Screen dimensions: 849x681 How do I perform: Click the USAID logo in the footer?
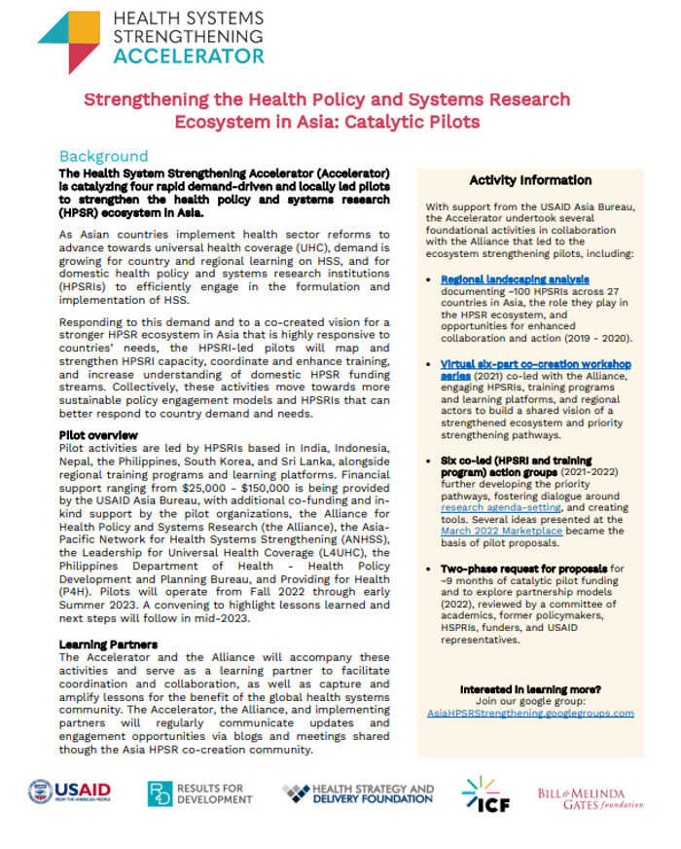[x=69, y=793]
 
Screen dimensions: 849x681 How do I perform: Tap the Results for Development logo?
[x=200, y=794]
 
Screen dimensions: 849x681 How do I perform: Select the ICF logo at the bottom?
[x=483, y=794]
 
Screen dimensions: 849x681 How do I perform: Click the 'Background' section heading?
[x=104, y=156]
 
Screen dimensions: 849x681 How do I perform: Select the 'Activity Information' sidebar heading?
[x=530, y=180]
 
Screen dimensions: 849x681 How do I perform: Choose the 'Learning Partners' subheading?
[x=108, y=645]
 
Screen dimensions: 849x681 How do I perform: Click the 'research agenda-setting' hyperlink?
[x=492, y=506]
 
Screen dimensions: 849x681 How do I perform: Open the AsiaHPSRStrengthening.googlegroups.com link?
[x=530, y=713]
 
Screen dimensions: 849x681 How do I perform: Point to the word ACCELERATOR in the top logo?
[x=189, y=55]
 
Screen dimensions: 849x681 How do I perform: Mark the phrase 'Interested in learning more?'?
[x=530, y=687]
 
